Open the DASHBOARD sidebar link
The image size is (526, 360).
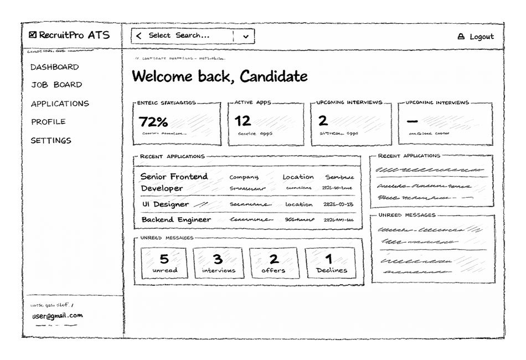coord(54,67)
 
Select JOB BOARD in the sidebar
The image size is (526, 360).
coord(56,85)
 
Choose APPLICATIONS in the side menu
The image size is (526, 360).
coord(60,104)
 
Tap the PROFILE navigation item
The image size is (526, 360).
coord(48,122)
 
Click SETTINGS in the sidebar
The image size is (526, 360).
coord(51,141)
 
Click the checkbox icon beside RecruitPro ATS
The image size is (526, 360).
coord(33,35)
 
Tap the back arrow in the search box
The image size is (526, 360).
coord(138,36)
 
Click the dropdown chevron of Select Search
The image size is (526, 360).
coord(246,37)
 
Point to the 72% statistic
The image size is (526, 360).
coord(153,121)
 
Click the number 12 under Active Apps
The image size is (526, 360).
coord(243,121)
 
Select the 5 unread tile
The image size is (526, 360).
coord(164,263)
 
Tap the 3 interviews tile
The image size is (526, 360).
coord(218,263)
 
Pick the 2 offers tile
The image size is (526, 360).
coord(274,263)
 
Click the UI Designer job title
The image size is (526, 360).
coord(166,204)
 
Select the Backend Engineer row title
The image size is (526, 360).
coord(176,220)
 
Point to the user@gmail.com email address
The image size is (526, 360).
coord(57,316)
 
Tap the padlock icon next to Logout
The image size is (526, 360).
coord(461,37)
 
